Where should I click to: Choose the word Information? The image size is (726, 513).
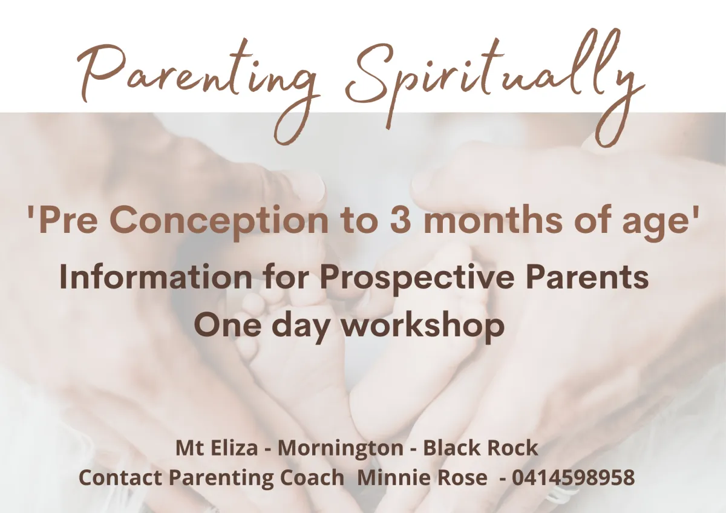click(x=155, y=276)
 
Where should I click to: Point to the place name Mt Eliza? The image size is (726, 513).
click(x=217, y=448)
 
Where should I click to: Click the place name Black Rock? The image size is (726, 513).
click(x=480, y=448)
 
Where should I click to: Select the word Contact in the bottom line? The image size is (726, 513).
click(x=120, y=477)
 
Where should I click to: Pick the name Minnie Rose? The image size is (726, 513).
click(x=422, y=477)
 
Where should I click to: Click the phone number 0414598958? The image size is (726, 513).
click(x=574, y=477)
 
